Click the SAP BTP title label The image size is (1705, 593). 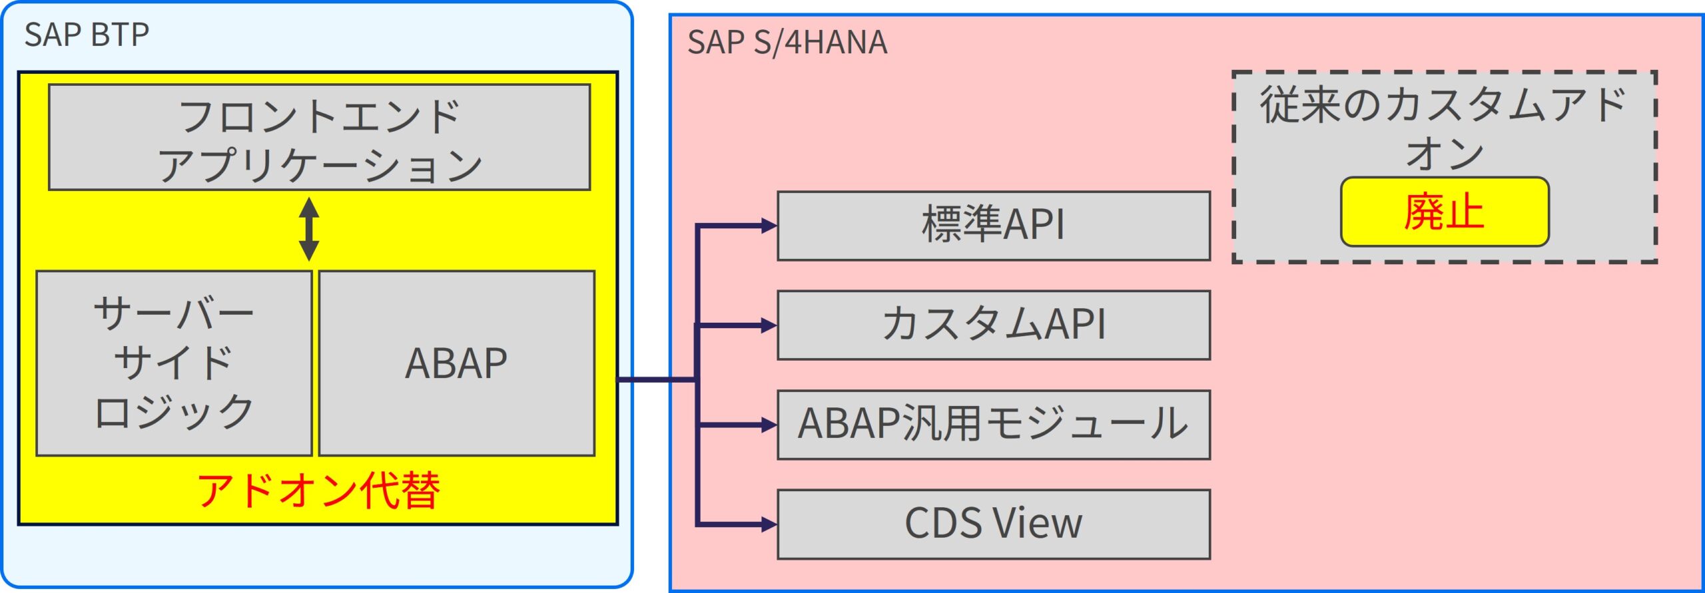coord(87,35)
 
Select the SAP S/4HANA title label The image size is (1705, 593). coord(787,43)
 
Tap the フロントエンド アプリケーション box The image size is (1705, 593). coord(319,138)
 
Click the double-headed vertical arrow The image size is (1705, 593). coord(308,229)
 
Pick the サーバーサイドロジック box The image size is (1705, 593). coord(174,363)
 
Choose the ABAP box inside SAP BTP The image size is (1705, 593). coord(456,363)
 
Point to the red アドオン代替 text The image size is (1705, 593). coord(318,491)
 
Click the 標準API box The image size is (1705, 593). coord(993,226)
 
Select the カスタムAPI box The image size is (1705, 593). coord(993,325)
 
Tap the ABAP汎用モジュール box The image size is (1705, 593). coord(993,425)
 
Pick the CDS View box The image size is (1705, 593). coord(993,524)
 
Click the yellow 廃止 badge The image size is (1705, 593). coord(1444,212)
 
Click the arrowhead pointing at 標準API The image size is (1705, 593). coord(769,226)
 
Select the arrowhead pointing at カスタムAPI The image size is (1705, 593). coord(769,325)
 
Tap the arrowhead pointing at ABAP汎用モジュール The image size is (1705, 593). coord(769,425)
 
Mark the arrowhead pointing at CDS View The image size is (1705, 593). coord(769,524)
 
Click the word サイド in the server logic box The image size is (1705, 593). coord(174,363)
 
